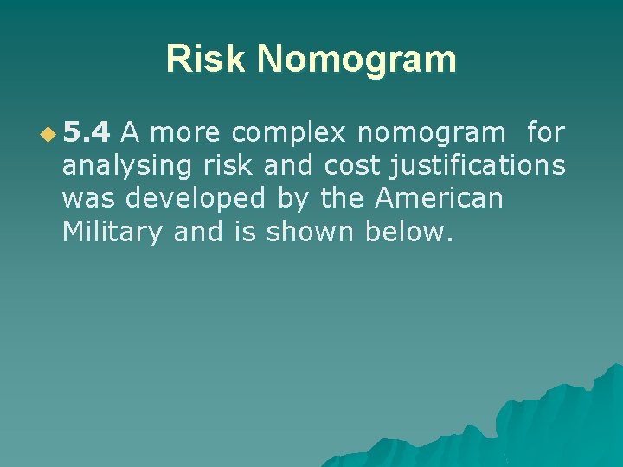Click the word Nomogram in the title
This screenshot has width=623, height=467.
pos(356,59)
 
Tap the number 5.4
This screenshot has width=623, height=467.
pos(87,133)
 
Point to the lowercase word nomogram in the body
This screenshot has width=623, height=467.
pos(430,133)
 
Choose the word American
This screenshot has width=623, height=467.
pos(439,199)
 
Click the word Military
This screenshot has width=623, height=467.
pos(112,232)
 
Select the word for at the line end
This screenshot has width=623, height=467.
pos(545,133)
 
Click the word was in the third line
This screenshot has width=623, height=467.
pos(89,199)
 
